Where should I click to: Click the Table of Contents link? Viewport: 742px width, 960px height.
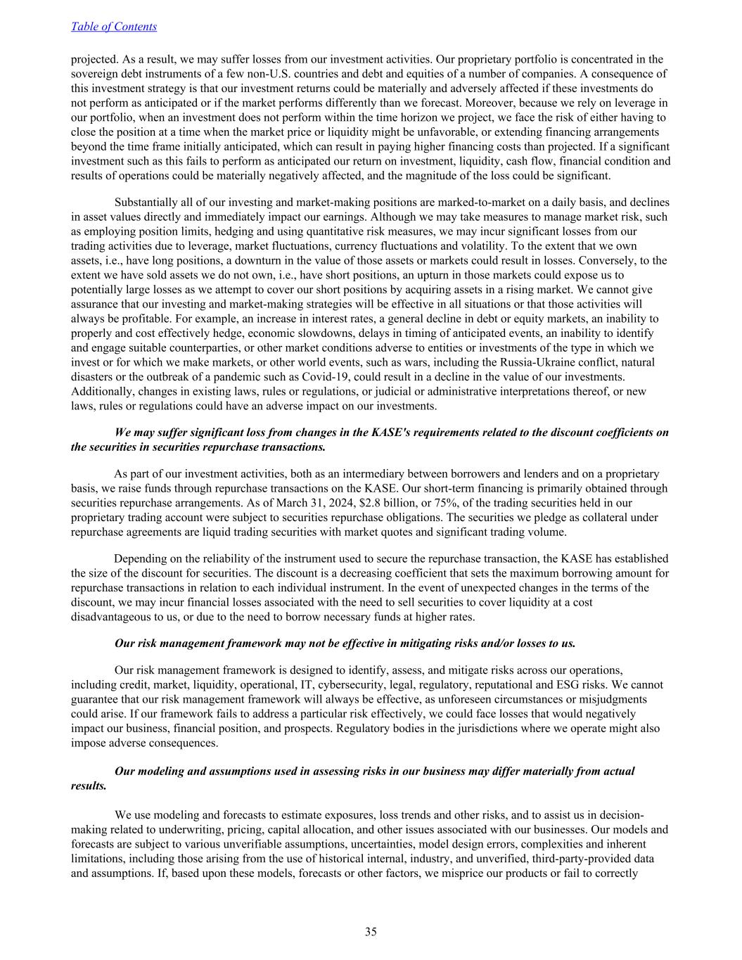(114, 27)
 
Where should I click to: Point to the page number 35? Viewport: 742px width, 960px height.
(371, 932)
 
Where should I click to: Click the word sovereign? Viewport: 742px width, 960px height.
(92, 74)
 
